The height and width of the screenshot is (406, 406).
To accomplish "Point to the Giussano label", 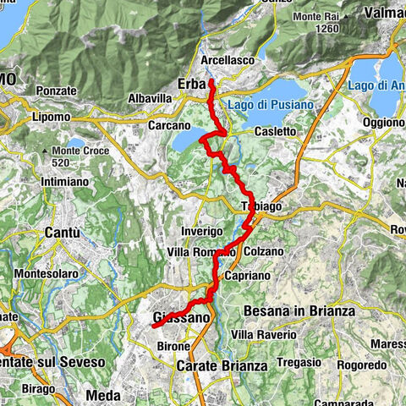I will pyautogui.click(x=181, y=318).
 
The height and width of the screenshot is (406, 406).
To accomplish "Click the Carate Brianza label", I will pyautogui.click(x=222, y=366).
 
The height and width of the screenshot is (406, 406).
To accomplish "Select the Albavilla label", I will pyautogui.click(x=151, y=99).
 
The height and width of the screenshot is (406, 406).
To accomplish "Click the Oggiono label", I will pyautogui.click(x=383, y=121).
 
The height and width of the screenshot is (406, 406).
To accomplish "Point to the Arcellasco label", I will pyautogui.click(x=229, y=61).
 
